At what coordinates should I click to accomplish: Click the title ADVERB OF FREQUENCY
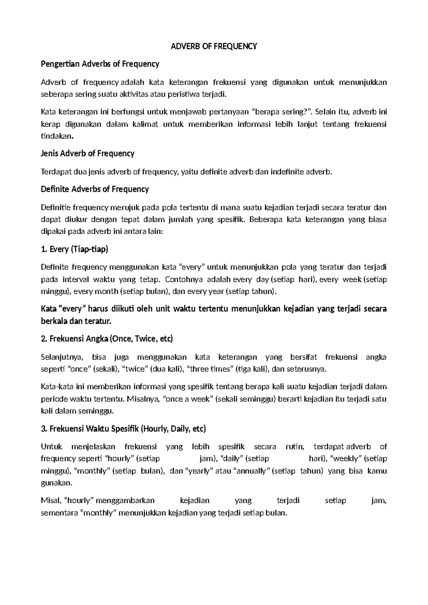(x=214, y=46)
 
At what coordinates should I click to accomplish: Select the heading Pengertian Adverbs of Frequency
(x=100, y=64)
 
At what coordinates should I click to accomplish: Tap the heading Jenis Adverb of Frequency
(x=88, y=154)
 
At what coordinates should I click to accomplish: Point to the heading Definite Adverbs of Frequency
(x=95, y=189)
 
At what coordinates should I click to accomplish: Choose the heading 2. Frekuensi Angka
(x=107, y=339)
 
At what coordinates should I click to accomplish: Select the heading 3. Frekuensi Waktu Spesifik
(x=123, y=429)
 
